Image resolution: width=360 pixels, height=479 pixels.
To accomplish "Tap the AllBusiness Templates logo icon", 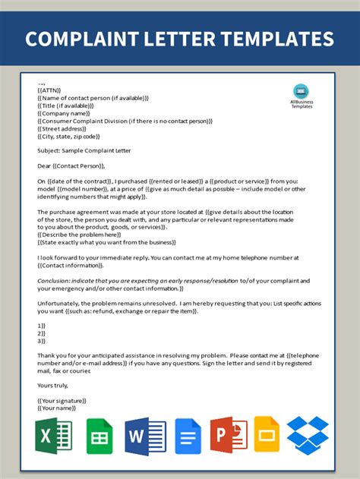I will tap(302, 90).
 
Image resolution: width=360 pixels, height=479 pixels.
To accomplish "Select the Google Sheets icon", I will tap(99, 436).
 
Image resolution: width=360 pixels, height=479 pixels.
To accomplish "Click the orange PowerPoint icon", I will tap(229, 436).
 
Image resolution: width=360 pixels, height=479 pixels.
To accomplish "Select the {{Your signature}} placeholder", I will tap(62, 400).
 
